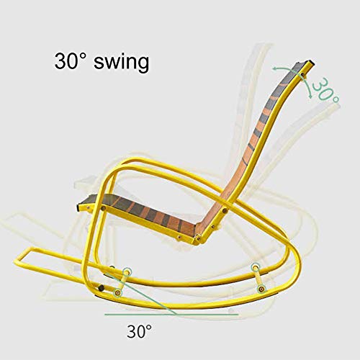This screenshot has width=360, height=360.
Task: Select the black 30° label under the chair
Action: [x=140, y=331]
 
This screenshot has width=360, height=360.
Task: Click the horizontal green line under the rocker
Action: [x=144, y=315]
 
